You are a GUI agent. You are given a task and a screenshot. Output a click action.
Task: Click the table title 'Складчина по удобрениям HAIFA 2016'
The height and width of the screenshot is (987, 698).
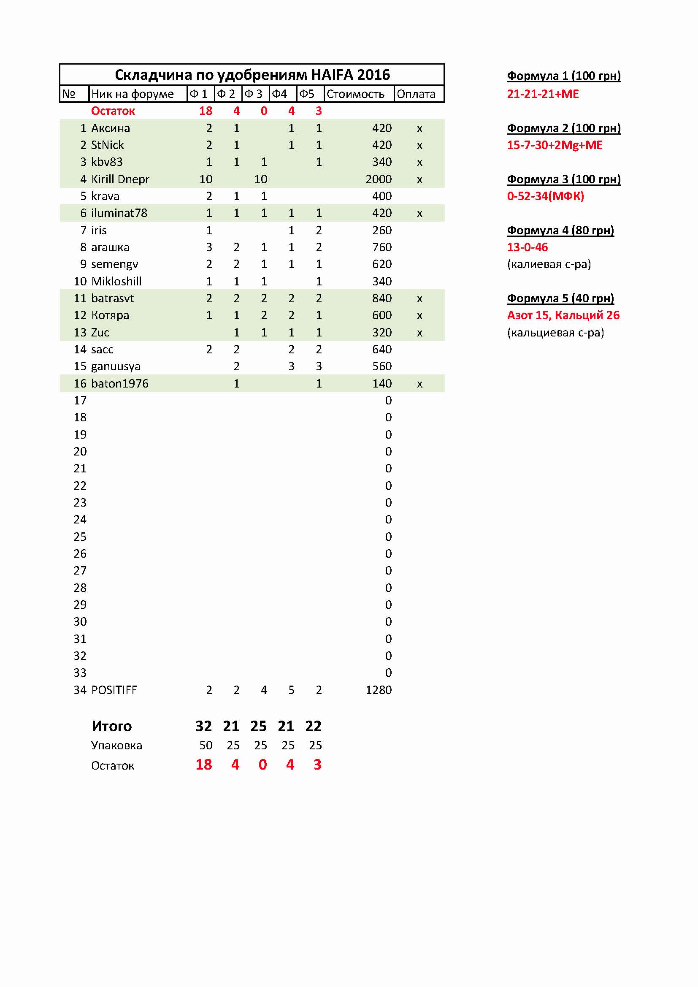pos(252,75)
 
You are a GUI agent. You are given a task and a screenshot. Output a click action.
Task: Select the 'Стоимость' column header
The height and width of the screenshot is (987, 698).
pos(355,94)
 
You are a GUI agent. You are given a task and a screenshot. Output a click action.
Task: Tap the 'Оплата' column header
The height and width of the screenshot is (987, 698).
pos(416,94)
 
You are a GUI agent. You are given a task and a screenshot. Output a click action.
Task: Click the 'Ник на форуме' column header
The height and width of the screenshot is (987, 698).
pos(133,94)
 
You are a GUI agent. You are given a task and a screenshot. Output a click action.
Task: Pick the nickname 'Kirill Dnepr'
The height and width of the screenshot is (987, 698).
pos(120,179)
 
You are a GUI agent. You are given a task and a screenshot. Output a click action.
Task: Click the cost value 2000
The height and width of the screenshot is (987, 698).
pos(378,179)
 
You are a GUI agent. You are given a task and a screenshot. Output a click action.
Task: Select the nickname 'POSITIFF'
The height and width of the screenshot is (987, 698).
pos(114,690)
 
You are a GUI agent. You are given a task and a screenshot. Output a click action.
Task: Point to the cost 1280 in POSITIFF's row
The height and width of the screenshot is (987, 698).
pos(378,690)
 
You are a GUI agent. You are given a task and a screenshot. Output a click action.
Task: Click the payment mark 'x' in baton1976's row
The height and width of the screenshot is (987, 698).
pos(419,384)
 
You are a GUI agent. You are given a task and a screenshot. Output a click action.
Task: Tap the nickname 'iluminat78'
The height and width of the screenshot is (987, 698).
pos(119,213)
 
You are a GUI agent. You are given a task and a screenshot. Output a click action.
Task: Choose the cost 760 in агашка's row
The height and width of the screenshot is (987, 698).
pos(381,247)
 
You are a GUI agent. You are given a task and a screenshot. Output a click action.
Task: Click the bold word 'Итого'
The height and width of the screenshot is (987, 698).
pos(112,726)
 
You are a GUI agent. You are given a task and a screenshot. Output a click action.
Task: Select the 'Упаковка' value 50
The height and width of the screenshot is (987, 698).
pos(206,746)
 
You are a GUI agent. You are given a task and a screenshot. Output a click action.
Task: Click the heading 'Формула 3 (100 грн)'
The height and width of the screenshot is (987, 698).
pos(563,179)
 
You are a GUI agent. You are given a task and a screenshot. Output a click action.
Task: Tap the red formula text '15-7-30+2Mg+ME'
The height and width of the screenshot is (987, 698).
pos(555,145)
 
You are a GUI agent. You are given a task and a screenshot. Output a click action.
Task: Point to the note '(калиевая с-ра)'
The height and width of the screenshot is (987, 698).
pos(549,264)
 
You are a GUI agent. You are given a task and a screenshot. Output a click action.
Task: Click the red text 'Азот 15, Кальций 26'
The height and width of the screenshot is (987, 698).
pos(563,315)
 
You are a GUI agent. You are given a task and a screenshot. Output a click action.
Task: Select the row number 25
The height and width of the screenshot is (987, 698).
pos(80,537)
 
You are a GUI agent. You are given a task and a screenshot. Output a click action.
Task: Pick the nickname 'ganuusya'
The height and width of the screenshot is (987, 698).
pos(116,366)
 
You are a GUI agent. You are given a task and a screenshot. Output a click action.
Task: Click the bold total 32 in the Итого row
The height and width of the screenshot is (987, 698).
pos(203,726)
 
